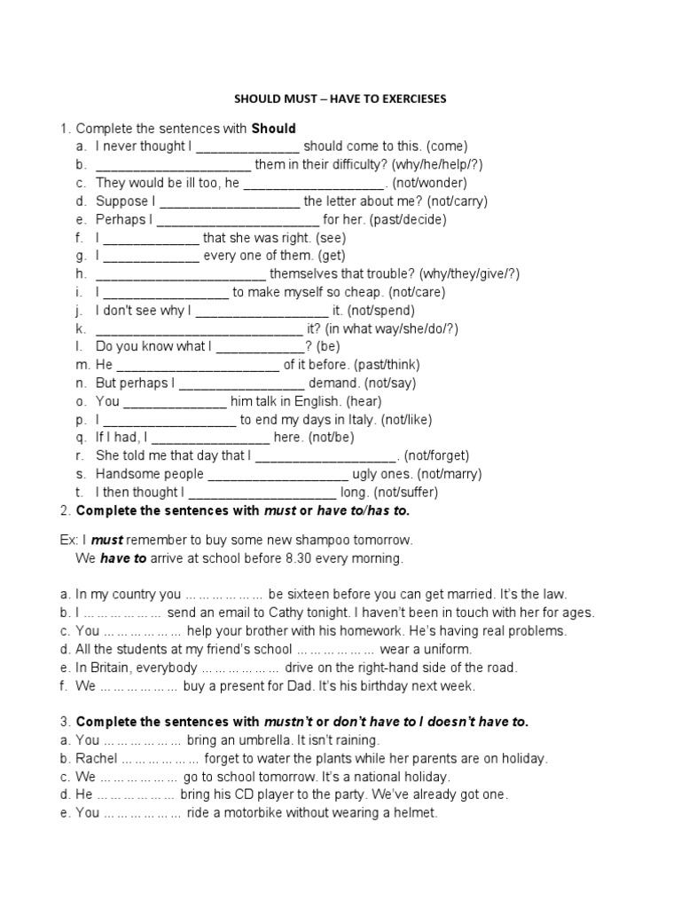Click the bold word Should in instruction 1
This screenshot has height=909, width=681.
273,129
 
